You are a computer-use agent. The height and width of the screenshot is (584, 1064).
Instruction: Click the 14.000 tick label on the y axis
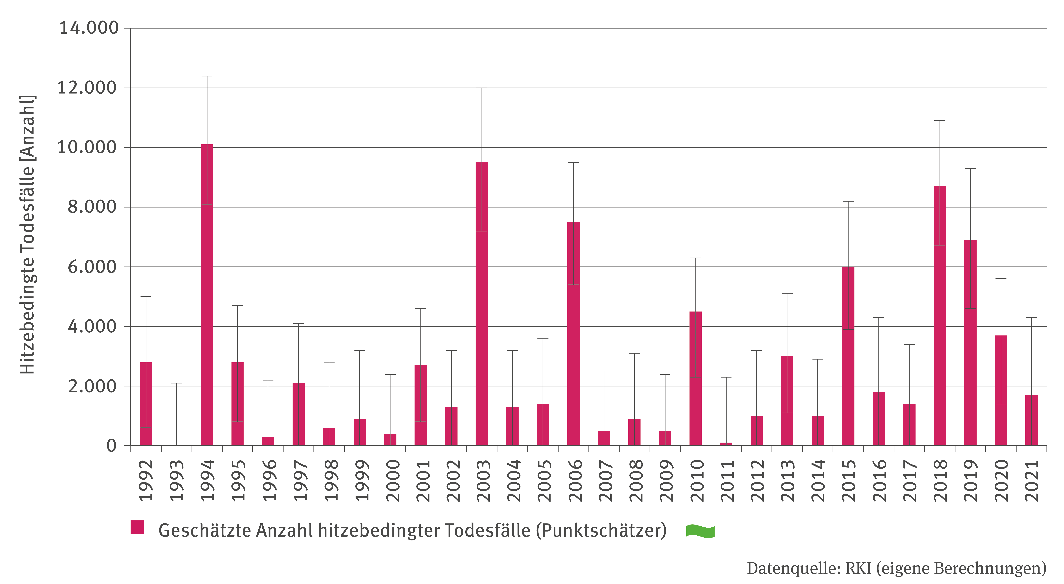(x=89, y=28)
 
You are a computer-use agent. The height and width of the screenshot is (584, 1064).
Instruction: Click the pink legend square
(x=137, y=527)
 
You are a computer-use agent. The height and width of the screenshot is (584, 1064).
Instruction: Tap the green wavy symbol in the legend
(x=700, y=531)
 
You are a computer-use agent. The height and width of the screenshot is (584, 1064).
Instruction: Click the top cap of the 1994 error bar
(x=207, y=76)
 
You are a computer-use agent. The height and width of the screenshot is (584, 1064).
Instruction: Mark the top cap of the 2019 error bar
(x=970, y=169)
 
